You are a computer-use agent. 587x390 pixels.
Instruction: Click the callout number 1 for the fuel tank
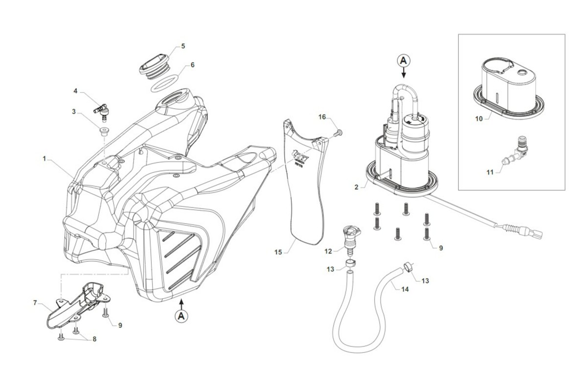[x=44, y=159]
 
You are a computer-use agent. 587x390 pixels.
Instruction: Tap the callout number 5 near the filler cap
[x=183, y=46]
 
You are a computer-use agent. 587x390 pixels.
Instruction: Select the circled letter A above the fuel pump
[x=404, y=60]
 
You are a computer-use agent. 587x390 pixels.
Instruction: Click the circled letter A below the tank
[x=181, y=316]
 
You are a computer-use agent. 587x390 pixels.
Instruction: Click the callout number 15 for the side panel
[x=278, y=252]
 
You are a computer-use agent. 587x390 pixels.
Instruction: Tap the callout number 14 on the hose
[x=404, y=289]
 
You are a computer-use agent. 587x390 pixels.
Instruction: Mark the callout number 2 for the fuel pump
[x=357, y=186]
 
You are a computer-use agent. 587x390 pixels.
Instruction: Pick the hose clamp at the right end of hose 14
[x=407, y=267]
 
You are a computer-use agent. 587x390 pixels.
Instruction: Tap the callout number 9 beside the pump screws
[x=441, y=248]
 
